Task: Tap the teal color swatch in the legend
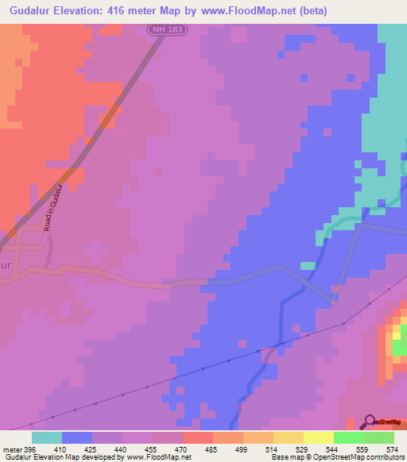click(47, 437)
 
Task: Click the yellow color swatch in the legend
click(318, 437)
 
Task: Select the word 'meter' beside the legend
click(12, 449)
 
